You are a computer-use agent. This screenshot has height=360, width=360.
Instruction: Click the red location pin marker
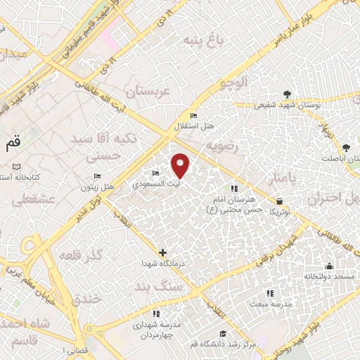[x=181, y=165]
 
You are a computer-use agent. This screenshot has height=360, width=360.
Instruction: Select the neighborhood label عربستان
[x=148, y=92]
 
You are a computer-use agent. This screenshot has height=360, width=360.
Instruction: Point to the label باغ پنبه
[x=202, y=40]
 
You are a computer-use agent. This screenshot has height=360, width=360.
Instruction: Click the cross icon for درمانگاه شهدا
[x=163, y=252]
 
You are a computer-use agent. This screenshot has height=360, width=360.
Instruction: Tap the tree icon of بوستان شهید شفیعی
[x=286, y=94]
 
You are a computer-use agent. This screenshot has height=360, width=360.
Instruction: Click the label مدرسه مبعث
[x=269, y=304]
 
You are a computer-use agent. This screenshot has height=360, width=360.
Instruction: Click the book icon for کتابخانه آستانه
[x=18, y=167]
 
